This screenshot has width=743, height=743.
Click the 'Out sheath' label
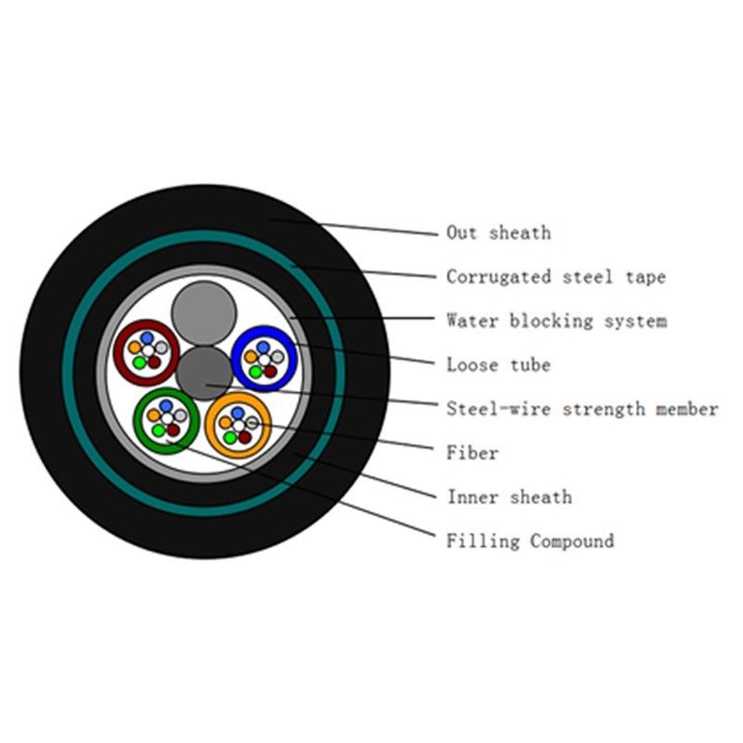coord(498,232)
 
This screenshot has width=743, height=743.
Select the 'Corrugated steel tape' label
coord(555,277)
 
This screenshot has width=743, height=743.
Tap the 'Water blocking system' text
coord(555,321)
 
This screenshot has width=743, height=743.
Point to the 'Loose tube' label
coord(498,365)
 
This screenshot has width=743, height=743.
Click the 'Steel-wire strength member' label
coord(581,409)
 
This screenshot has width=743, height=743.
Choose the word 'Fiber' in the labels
coord(472,453)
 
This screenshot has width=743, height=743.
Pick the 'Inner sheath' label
coord(509,497)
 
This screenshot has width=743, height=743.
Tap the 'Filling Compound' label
coord(529,541)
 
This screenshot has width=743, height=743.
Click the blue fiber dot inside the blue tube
coord(263,346)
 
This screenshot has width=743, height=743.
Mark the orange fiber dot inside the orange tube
coord(226,423)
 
